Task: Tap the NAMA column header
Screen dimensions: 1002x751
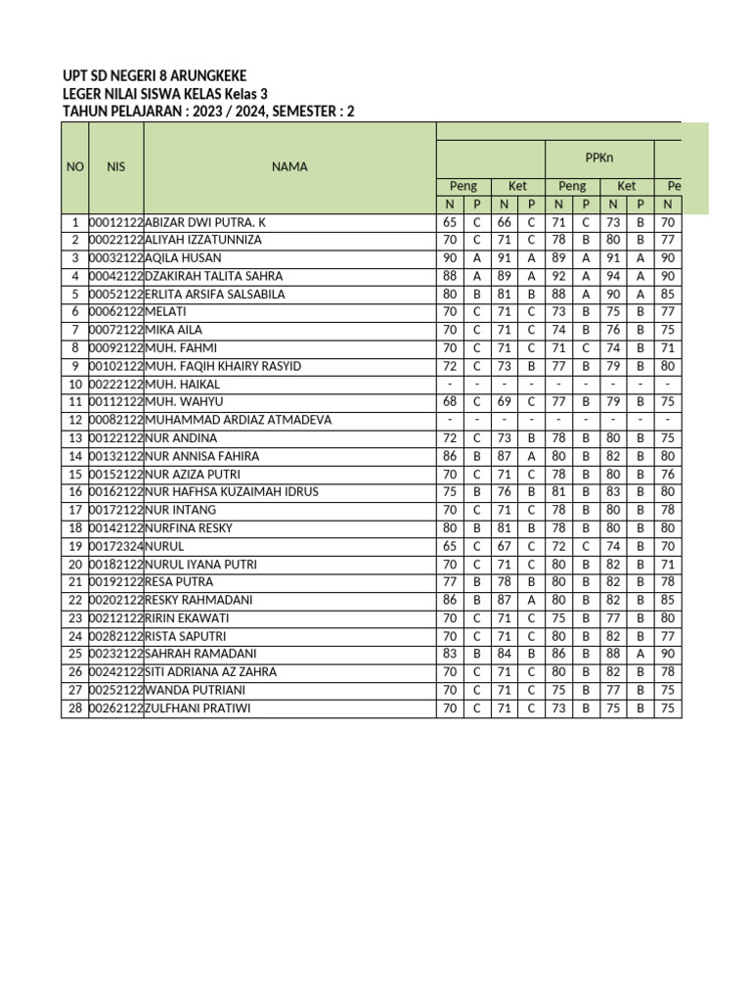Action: coord(289,167)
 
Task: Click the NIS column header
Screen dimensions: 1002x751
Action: coord(116,167)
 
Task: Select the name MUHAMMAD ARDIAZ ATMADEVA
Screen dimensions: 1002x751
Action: coord(238,420)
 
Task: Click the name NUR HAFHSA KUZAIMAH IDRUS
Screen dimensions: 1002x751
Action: coord(230,492)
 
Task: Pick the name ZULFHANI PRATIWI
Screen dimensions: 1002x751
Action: coord(197,707)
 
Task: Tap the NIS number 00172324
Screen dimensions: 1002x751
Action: coord(116,546)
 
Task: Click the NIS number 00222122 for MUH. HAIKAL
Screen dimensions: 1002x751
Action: coord(116,385)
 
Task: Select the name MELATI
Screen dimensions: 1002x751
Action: coord(165,312)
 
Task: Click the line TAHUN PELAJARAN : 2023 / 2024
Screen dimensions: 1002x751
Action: coord(208,111)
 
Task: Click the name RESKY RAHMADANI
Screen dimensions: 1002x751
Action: coord(199,600)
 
